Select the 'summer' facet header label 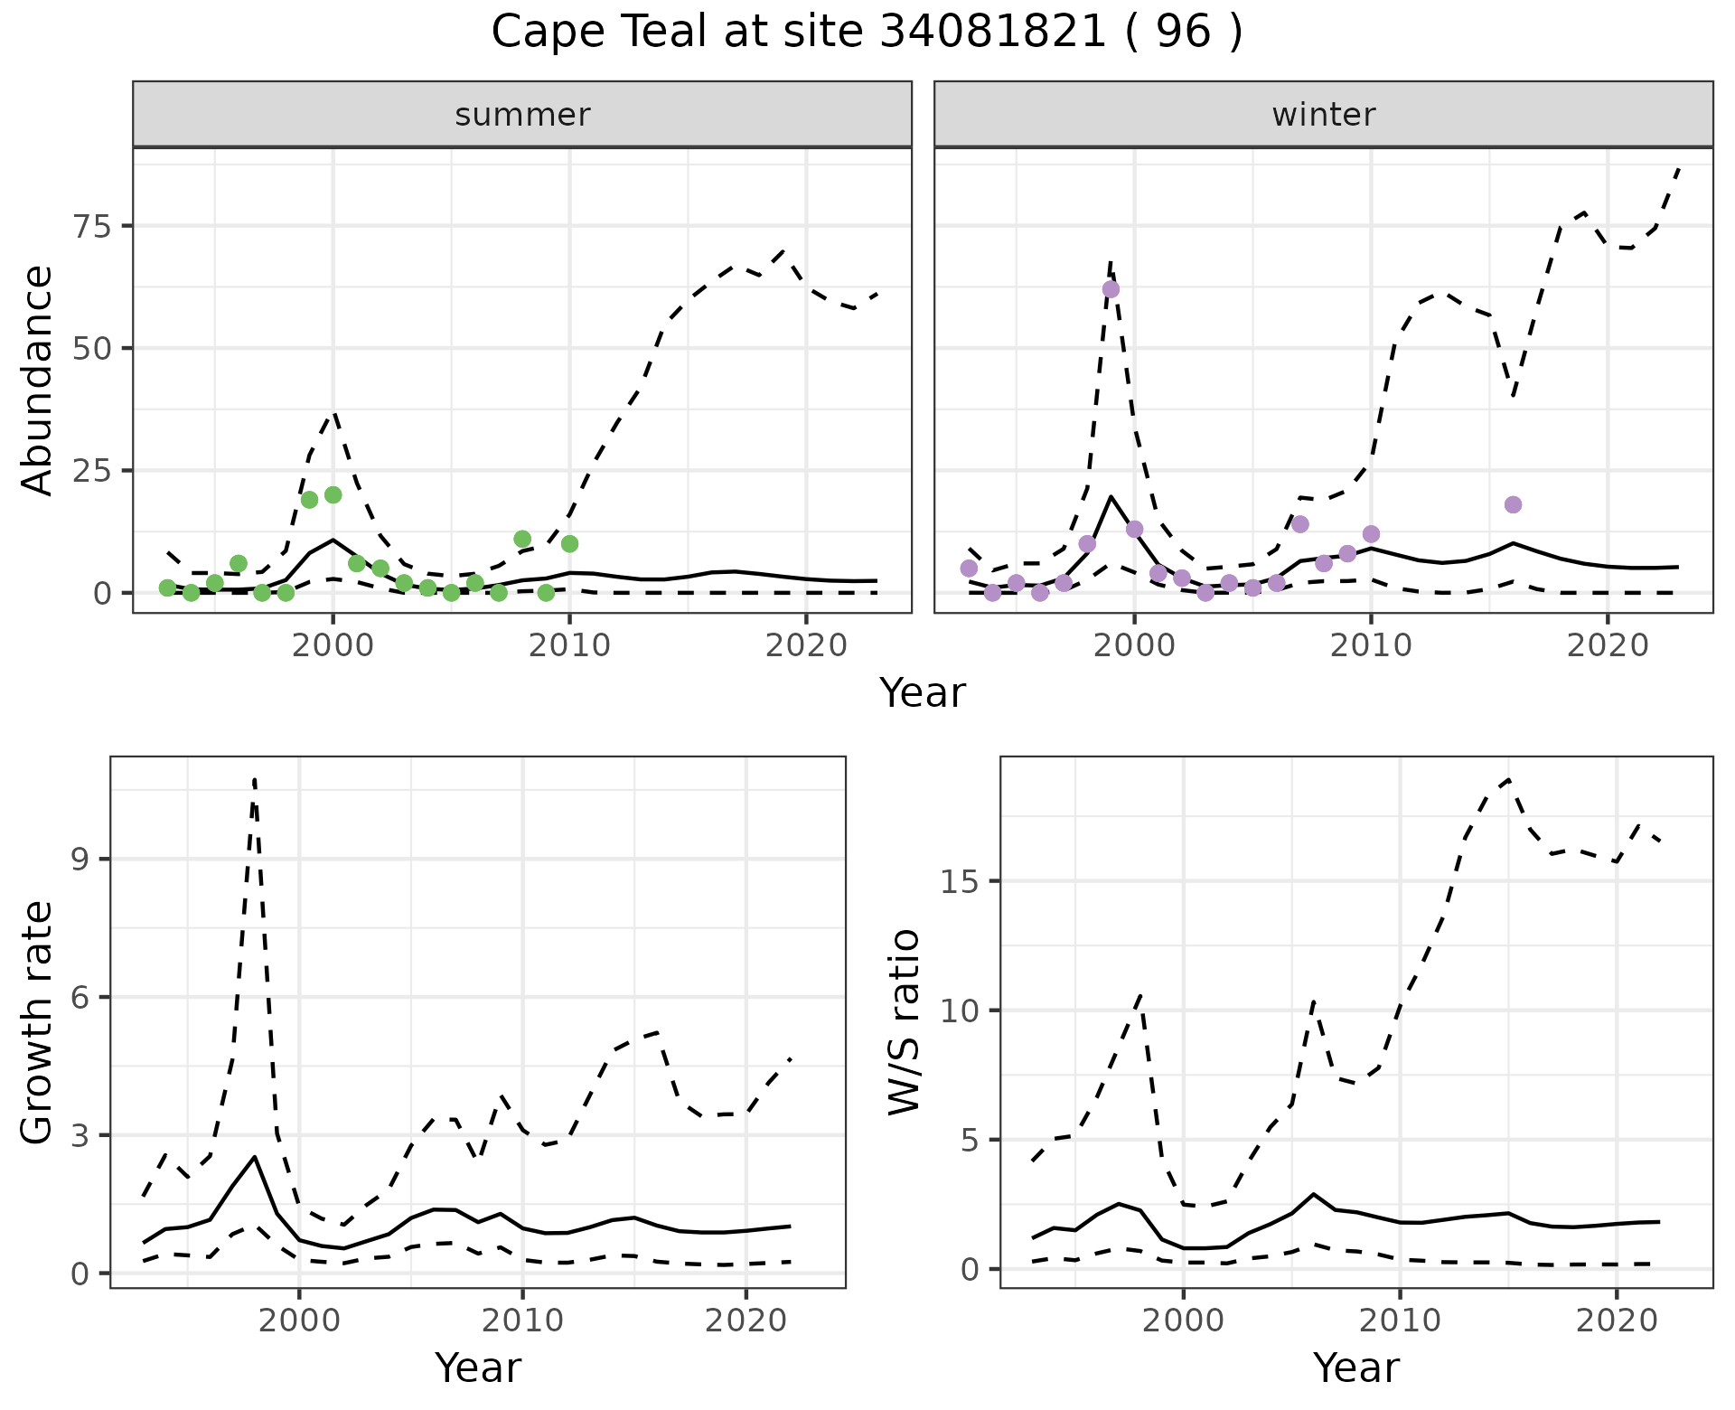[522, 115]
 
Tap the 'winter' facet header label [1323, 115]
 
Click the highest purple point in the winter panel [1111, 289]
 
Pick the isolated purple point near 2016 [1513, 504]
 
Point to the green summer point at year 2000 [333, 494]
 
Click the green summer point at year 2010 [569, 543]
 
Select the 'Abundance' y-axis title [38, 380]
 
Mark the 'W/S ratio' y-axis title [905, 1022]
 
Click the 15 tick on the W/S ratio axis [960, 882]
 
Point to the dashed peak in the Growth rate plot [255, 779]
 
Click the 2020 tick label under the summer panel [806, 645]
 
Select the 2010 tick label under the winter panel [1371, 645]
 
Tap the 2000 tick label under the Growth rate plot [299, 1321]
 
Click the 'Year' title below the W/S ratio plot [1355, 1368]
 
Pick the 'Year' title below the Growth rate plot [477, 1368]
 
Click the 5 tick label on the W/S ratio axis [969, 1141]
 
